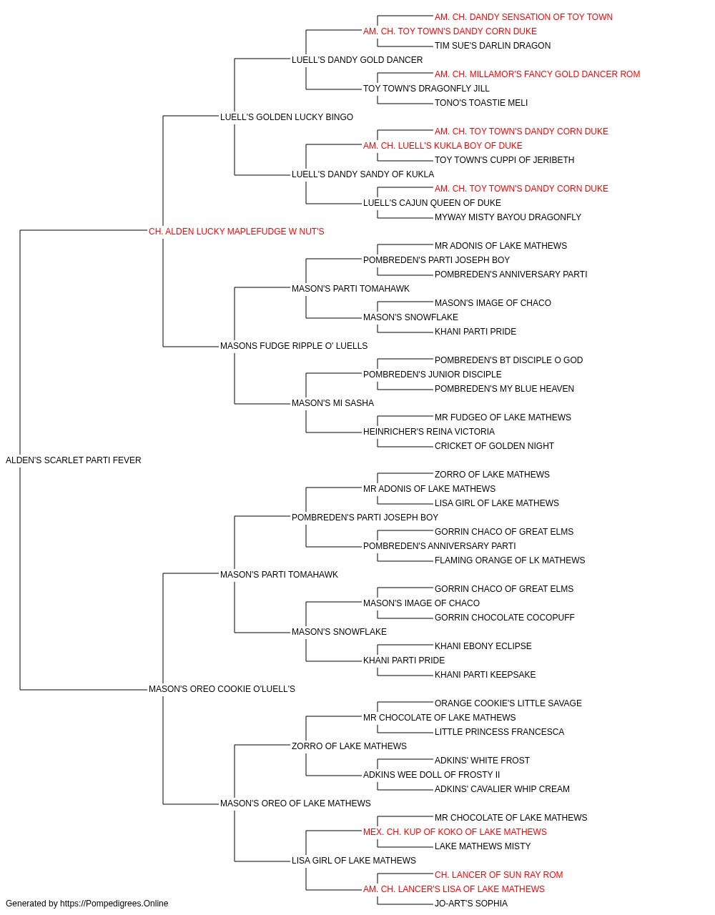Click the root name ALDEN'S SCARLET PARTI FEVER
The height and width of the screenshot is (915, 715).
(x=73, y=460)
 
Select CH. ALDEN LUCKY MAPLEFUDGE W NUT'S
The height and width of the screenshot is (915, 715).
(x=236, y=232)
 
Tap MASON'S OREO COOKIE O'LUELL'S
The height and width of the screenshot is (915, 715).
(x=222, y=689)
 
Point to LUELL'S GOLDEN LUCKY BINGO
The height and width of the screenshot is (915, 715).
(x=286, y=117)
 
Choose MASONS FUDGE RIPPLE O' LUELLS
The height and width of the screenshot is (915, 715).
(x=293, y=346)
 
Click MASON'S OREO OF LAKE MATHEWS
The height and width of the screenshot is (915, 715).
(x=295, y=803)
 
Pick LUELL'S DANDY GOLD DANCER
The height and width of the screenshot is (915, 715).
(x=357, y=60)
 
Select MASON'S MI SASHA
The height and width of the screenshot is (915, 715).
(x=332, y=403)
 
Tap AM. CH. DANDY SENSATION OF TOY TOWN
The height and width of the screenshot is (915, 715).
(x=523, y=17)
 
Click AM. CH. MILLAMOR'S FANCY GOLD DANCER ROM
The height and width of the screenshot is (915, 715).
(x=537, y=74)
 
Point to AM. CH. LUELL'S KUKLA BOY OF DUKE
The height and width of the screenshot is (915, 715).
(x=443, y=146)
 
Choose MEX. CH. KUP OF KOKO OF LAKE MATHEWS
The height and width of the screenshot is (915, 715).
(x=455, y=832)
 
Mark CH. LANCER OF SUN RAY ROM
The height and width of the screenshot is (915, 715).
(x=498, y=875)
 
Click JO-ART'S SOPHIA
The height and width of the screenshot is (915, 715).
(x=470, y=904)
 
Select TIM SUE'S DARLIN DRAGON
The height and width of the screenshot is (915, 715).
(x=493, y=46)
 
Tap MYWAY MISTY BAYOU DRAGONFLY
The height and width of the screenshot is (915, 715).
(x=508, y=217)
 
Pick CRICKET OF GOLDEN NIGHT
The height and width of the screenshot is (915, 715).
(x=494, y=446)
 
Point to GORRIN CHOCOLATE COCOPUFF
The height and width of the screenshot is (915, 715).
(x=505, y=618)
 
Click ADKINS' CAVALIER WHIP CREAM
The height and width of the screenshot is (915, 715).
(x=502, y=789)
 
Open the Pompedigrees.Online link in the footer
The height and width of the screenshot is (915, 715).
(x=114, y=904)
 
